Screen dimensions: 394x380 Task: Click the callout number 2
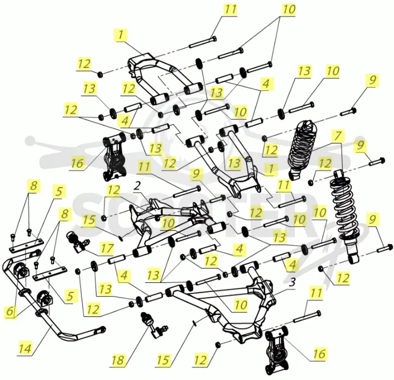coord(137,187)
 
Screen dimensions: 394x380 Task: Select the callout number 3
coord(292,283)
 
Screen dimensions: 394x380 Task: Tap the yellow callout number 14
coord(26,349)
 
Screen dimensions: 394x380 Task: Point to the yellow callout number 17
coord(107,248)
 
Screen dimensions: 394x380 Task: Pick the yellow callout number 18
coord(118,360)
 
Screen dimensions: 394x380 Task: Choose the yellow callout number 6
coord(9,311)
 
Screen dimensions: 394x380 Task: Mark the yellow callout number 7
coord(337,136)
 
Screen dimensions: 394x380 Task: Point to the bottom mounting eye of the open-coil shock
coord(354,259)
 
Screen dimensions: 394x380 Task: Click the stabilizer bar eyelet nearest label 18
coord(102,329)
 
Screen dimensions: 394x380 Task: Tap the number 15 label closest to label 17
coord(89,220)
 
